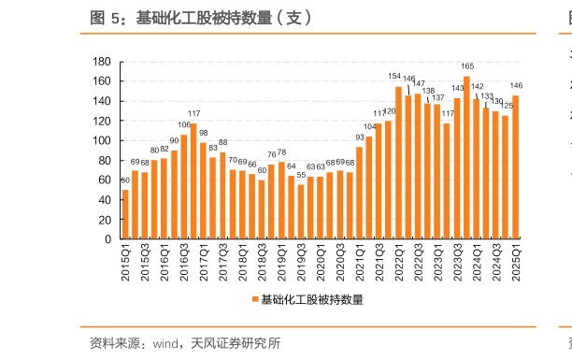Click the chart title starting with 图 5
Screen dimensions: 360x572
pyautogui.click(x=201, y=17)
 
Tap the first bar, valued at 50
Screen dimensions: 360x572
pyautogui.click(x=125, y=214)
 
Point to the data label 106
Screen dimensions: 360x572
pyautogui.click(x=184, y=125)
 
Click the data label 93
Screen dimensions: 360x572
pyautogui.click(x=360, y=137)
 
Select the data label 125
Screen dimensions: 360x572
pyautogui.click(x=506, y=106)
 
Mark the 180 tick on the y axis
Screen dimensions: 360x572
pyautogui.click(x=103, y=62)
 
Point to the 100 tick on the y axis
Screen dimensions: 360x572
pyautogui.click(x=103, y=140)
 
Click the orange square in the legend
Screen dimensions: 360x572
pyautogui.click(x=254, y=299)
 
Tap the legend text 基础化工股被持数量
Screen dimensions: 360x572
pyautogui.click(x=311, y=299)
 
